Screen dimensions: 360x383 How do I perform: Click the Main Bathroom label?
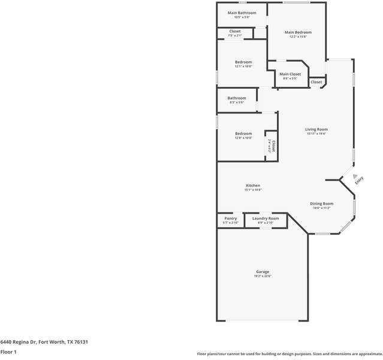pos(242,13)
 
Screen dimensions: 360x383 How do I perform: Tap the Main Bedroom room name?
pos(298,32)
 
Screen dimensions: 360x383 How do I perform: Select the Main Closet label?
pos(290,74)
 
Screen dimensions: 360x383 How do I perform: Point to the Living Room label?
pos(316,129)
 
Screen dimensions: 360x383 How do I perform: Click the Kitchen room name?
pos(252,185)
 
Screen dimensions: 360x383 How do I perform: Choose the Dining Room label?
pos(322,203)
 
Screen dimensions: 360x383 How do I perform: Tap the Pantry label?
pos(230,218)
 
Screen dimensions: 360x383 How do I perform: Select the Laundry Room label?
pos(265,218)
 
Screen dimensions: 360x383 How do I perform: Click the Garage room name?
pos(263,272)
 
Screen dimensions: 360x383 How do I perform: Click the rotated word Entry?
pos(358,179)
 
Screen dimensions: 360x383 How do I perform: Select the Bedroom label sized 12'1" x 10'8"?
pos(243,62)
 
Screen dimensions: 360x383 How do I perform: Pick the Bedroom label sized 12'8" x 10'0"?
pos(243,133)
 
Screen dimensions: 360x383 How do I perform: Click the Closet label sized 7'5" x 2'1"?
pos(235,31)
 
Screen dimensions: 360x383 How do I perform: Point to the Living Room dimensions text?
pos(316,134)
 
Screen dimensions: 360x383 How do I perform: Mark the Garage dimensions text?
pos(263,277)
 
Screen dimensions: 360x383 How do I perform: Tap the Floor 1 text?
pos(8,352)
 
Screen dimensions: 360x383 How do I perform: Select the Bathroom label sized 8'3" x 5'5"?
pos(236,98)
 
